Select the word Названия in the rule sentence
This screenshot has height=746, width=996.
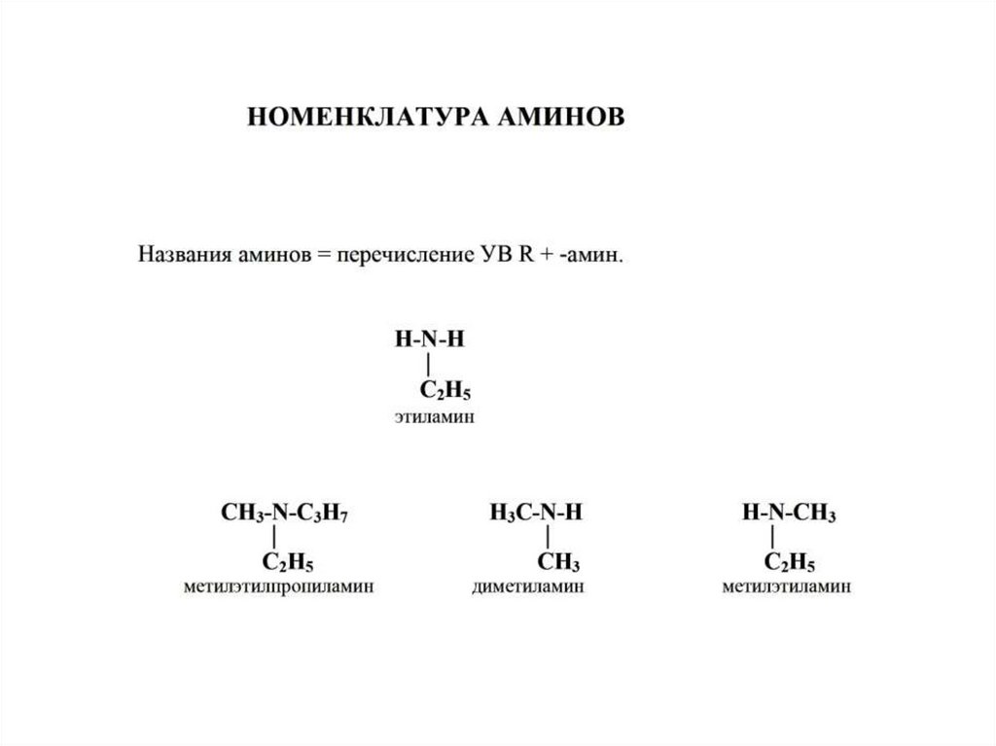tap(184, 256)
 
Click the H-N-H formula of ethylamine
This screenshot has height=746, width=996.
tap(430, 340)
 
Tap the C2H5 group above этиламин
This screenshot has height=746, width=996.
tap(445, 392)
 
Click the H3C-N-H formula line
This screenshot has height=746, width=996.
tap(536, 514)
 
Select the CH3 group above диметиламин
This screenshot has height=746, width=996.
tap(558, 563)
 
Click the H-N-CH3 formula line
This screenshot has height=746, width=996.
tap(788, 514)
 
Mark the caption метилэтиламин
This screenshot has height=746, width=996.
tap(787, 587)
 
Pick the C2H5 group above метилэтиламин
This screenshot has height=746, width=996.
tap(790, 563)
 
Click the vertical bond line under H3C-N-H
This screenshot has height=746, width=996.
tap(550, 538)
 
